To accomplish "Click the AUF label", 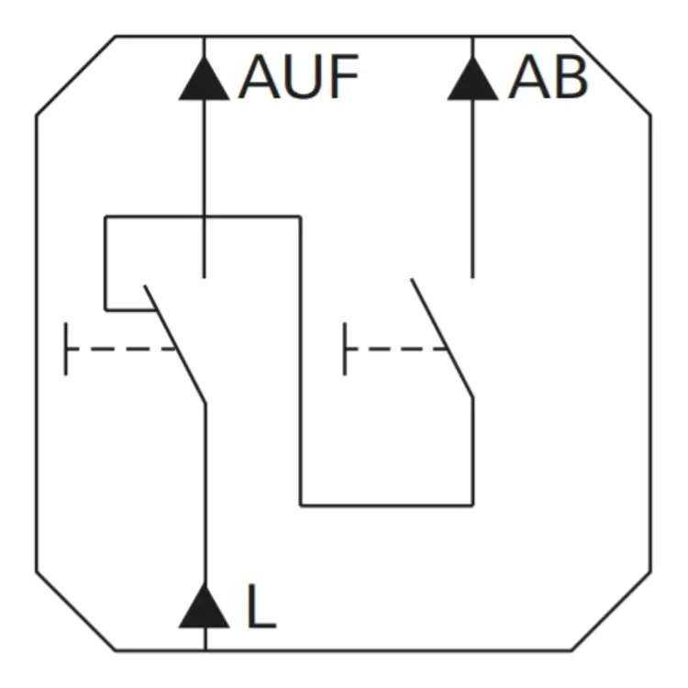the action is click(x=298, y=77).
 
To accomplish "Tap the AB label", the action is click(x=548, y=77).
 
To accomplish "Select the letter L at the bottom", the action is click(x=261, y=606).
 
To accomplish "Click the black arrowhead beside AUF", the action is click(x=204, y=78).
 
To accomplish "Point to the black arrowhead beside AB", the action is click(x=472, y=78).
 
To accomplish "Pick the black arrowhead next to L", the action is click(x=204, y=606).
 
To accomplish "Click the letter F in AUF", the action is click(x=345, y=77).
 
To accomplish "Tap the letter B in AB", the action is click(x=571, y=77).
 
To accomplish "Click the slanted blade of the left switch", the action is click(x=175, y=344).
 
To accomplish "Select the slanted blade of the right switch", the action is click(x=442, y=338).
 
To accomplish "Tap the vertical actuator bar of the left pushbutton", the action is click(x=66, y=350).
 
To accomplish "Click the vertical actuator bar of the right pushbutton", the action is click(x=345, y=350).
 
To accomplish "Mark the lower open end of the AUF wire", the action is click(x=204, y=277).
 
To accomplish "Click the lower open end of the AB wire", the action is click(x=472, y=277).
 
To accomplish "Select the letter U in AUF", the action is click(x=304, y=77).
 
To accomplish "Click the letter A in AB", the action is click(x=529, y=77).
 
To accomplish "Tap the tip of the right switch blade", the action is click(x=412, y=279).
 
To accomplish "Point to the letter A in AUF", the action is click(x=260, y=77).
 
